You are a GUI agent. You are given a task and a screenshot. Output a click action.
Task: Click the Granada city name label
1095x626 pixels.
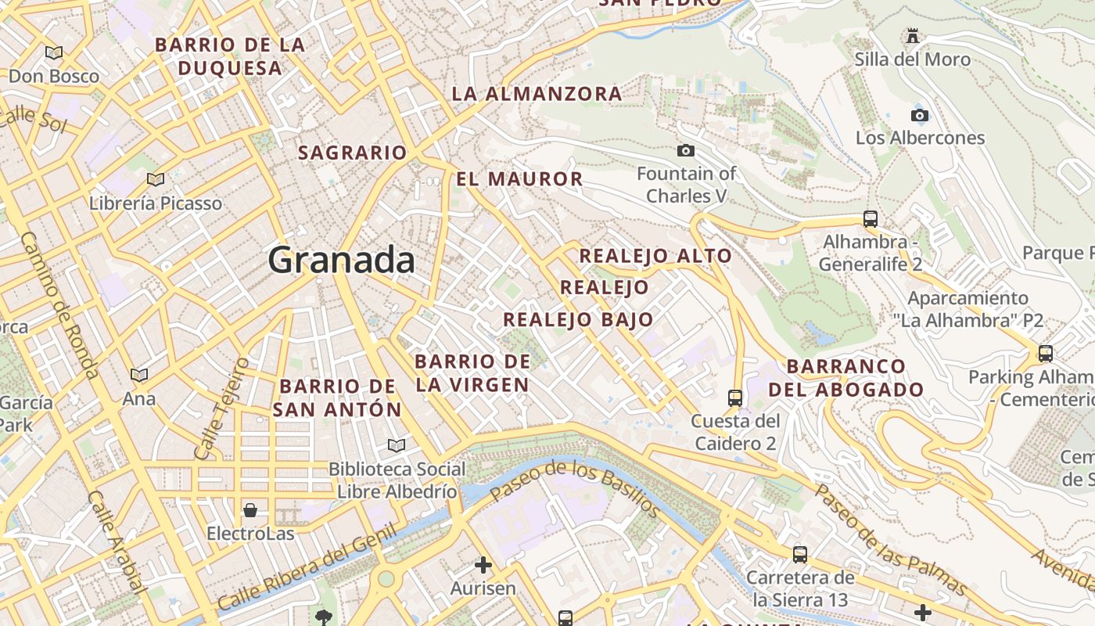pyautogui.click(x=341, y=260)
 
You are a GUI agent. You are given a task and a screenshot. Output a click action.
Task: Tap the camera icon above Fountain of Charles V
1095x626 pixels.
pyautogui.click(x=686, y=150)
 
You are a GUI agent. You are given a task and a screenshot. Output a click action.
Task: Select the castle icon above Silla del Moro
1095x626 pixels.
pyautogui.click(x=912, y=35)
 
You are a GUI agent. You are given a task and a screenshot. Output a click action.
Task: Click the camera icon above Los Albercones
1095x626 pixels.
pyautogui.click(x=920, y=115)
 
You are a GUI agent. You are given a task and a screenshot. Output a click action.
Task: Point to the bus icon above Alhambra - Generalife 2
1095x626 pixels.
pyautogui.click(x=871, y=218)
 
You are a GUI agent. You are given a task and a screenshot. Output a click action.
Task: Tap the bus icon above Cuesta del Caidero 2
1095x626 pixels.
pyautogui.click(x=735, y=398)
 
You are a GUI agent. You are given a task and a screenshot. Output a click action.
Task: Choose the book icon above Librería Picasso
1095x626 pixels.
pyautogui.click(x=156, y=179)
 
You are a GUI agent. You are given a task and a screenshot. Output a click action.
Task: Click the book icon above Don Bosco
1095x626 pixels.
pyautogui.click(x=54, y=52)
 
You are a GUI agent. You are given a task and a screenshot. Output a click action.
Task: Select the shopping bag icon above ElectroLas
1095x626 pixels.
pyautogui.click(x=250, y=510)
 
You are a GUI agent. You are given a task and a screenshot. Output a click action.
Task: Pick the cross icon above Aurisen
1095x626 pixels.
pyautogui.click(x=483, y=564)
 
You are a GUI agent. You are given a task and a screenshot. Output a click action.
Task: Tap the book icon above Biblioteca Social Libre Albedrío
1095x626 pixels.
pyautogui.click(x=397, y=445)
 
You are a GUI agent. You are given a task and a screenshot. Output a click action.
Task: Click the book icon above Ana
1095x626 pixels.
pyautogui.click(x=139, y=375)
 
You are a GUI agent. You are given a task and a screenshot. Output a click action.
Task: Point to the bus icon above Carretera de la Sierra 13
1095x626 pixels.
pyautogui.click(x=800, y=554)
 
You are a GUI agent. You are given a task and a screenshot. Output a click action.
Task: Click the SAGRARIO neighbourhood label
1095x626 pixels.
pyautogui.click(x=353, y=153)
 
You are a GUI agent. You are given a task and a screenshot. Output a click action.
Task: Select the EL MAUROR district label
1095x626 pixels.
pyautogui.click(x=519, y=179)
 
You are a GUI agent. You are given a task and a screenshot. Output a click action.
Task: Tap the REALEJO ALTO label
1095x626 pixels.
pyautogui.click(x=655, y=256)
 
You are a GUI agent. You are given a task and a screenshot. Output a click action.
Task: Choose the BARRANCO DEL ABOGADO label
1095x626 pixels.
pyautogui.click(x=846, y=378)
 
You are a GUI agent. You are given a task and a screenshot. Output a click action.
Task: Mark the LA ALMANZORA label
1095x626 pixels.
pyautogui.click(x=537, y=94)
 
